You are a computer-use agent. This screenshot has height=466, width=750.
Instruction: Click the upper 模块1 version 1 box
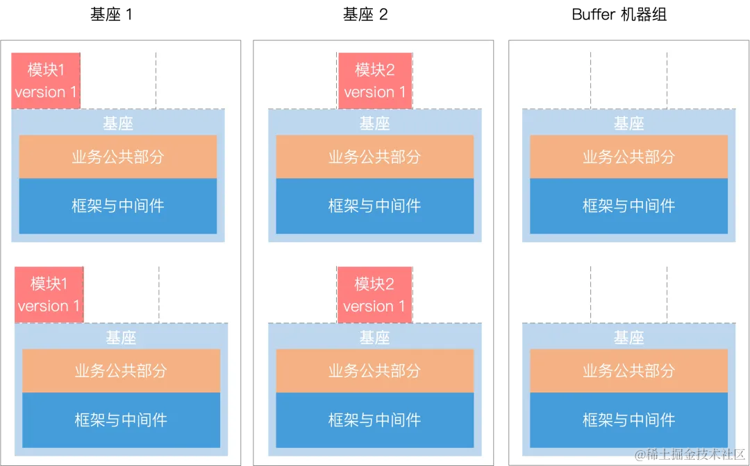click(x=46, y=80)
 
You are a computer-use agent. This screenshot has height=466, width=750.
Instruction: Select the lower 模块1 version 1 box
click(x=49, y=294)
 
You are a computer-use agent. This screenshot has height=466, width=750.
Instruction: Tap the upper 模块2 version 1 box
click(x=375, y=80)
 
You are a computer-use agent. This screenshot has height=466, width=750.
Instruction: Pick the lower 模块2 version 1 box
click(x=374, y=294)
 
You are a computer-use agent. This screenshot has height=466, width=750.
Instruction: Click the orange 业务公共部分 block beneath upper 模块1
click(x=118, y=157)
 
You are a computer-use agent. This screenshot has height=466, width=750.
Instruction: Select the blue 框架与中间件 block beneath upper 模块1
click(x=118, y=205)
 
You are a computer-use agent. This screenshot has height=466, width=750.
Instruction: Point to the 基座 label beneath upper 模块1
click(x=118, y=123)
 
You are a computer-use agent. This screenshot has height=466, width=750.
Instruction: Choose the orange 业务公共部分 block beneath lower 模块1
click(x=121, y=370)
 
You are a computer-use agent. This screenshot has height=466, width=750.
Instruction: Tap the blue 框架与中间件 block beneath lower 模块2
click(x=375, y=420)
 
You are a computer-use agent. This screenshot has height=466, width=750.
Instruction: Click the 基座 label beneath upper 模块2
click(x=375, y=123)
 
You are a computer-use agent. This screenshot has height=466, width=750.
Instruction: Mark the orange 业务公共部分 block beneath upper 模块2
click(x=375, y=157)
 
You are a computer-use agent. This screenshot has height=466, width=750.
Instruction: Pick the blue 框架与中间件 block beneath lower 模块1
click(x=121, y=420)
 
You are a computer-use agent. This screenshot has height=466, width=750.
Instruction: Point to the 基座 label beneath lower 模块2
click(x=375, y=338)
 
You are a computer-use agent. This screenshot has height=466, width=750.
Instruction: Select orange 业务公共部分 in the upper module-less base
click(x=629, y=157)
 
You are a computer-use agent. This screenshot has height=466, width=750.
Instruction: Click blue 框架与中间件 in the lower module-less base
click(x=629, y=420)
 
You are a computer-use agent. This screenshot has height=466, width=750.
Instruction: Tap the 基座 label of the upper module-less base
click(x=629, y=123)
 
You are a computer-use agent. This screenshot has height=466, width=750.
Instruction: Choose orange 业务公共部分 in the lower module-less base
click(x=629, y=370)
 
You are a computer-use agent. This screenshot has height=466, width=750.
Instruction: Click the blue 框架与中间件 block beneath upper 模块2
click(x=375, y=205)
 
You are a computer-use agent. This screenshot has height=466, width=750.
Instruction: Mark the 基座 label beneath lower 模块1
click(x=121, y=338)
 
